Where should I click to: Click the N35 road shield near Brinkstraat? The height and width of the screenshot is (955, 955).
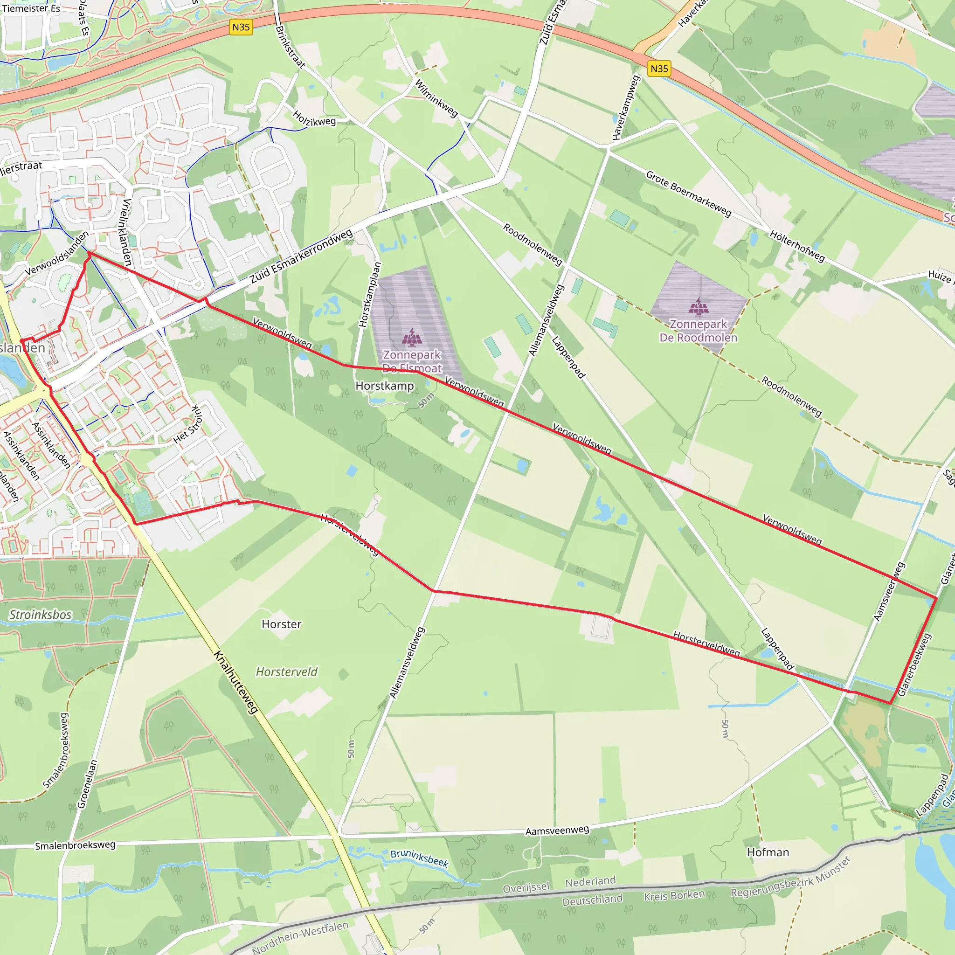pyautogui.click(x=241, y=27)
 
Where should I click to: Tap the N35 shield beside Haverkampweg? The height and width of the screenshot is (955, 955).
pyautogui.click(x=659, y=69)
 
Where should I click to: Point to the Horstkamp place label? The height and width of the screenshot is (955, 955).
pyautogui.click(x=385, y=386)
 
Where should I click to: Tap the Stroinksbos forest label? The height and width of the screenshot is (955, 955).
pyautogui.click(x=41, y=615)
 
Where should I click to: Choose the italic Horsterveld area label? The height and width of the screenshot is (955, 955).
pyautogui.click(x=287, y=672)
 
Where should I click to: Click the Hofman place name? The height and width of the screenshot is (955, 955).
pyautogui.click(x=768, y=852)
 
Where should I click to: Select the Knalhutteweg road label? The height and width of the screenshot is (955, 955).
pyautogui.click(x=236, y=682)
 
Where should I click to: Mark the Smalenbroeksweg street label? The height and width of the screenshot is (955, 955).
pyautogui.click(x=75, y=846)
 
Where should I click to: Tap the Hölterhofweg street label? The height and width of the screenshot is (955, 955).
pyautogui.click(x=797, y=246)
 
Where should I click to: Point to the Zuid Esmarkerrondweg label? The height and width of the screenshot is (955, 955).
pyautogui.click(x=301, y=256)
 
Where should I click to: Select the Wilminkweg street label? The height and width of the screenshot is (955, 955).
pyautogui.click(x=436, y=98)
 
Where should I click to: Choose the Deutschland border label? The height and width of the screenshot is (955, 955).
pyautogui.click(x=592, y=900)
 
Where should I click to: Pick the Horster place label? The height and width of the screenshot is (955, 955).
pyautogui.click(x=281, y=624)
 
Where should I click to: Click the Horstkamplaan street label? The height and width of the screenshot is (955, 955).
pyautogui.click(x=370, y=295)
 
